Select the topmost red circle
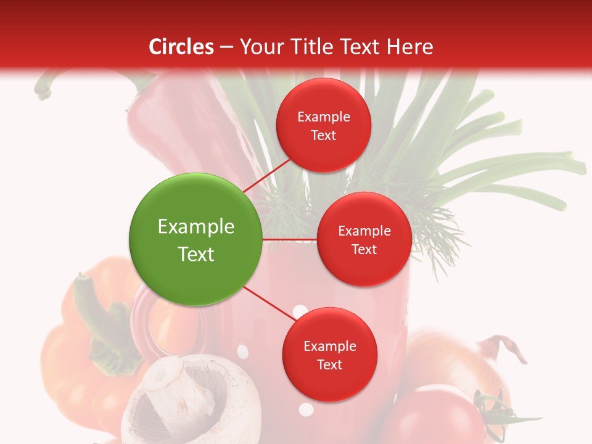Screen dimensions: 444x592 [323, 125]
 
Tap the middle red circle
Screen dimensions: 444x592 [364, 239]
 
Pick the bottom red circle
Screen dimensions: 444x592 [329, 355]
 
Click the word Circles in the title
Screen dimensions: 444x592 [181, 47]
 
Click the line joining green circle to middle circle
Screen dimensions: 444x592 [290, 239]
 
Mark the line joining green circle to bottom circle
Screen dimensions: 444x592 [270, 305]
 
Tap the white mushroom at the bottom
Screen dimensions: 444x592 [185, 401]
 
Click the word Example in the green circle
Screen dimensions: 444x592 [196, 227]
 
